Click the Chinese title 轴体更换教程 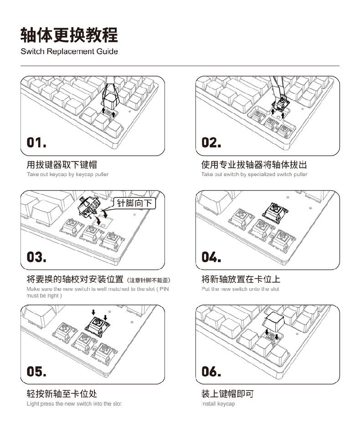pyautogui.click(x=69, y=34)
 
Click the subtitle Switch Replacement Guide pyautogui.click(x=69, y=51)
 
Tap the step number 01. pyautogui.click(x=36, y=142)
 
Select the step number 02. pyautogui.click(x=211, y=142)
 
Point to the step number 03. pyautogui.click(x=36, y=257)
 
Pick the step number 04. pyautogui.click(x=211, y=257)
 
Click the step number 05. pyautogui.click(x=36, y=371)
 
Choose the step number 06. pyautogui.click(x=211, y=371)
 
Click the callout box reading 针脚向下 pyautogui.click(x=134, y=203)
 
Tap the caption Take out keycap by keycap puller pyautogui.click(x=67, y=174)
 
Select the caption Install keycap pyautogui.click(x=218, y=404)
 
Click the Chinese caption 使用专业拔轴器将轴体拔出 pyautogui.click(x=254, y=164)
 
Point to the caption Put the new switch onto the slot pyautogui.click(x=240, y=289)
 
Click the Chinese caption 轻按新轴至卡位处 pyautogui.click(x=62, y=393)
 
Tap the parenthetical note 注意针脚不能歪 pyautogui.click(x=150, y=280)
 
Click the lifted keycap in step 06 pyautogui.click(x=274, y=322)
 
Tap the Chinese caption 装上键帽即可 pyautogui.click(x=227, y=393)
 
